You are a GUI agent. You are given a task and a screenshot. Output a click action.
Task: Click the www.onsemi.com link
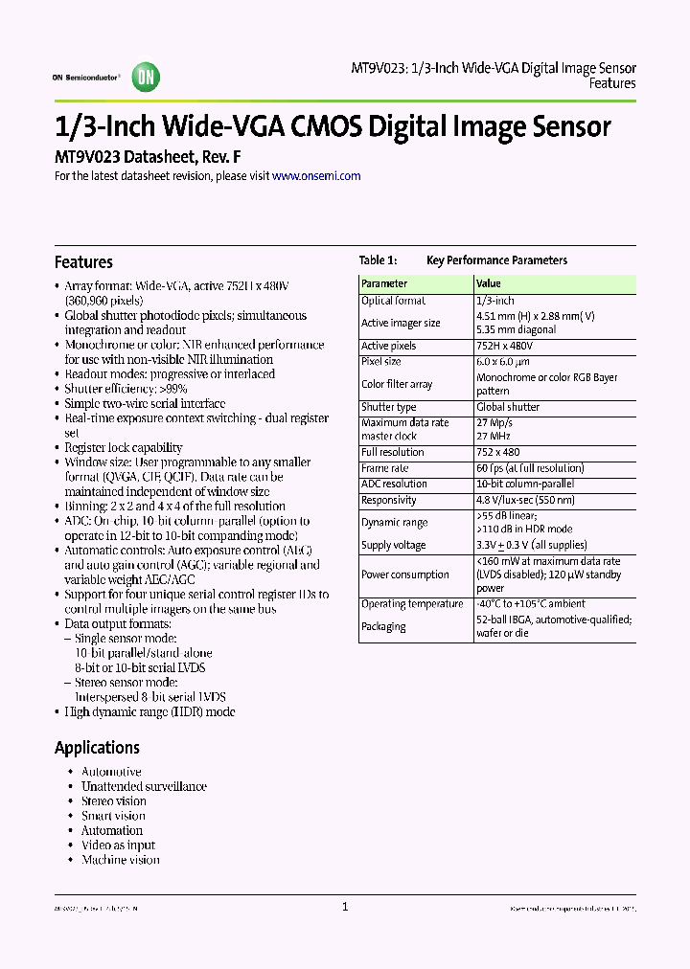click(316, 176)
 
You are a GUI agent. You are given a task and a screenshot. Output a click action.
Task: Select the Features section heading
click(83, 262)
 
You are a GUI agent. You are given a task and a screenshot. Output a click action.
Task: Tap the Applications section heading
click(97, 748)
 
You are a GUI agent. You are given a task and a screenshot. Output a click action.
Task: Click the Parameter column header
click(384, 283)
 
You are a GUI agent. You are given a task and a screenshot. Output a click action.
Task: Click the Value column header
click(489, 283)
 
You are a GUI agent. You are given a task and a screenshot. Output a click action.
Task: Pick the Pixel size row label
click(381, 362)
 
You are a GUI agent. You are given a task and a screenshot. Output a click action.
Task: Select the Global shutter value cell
click(508, 407)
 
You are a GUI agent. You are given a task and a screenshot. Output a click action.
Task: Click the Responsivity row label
click(389, 500)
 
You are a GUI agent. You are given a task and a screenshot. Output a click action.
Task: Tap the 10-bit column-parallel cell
click(525, 484)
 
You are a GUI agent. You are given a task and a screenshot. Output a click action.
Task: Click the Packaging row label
click(383, 627)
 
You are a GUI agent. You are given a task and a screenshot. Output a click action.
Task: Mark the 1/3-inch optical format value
click(495, 301)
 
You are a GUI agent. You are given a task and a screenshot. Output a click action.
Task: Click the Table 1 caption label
click(377, 260)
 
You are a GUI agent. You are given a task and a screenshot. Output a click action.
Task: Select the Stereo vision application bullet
click(113, 801)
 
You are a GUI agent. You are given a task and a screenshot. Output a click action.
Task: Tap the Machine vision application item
click(120, 860)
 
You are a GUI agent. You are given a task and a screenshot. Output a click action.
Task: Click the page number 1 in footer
click(345, 908)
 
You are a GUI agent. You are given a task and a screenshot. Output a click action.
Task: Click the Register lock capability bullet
click(123, 447)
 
